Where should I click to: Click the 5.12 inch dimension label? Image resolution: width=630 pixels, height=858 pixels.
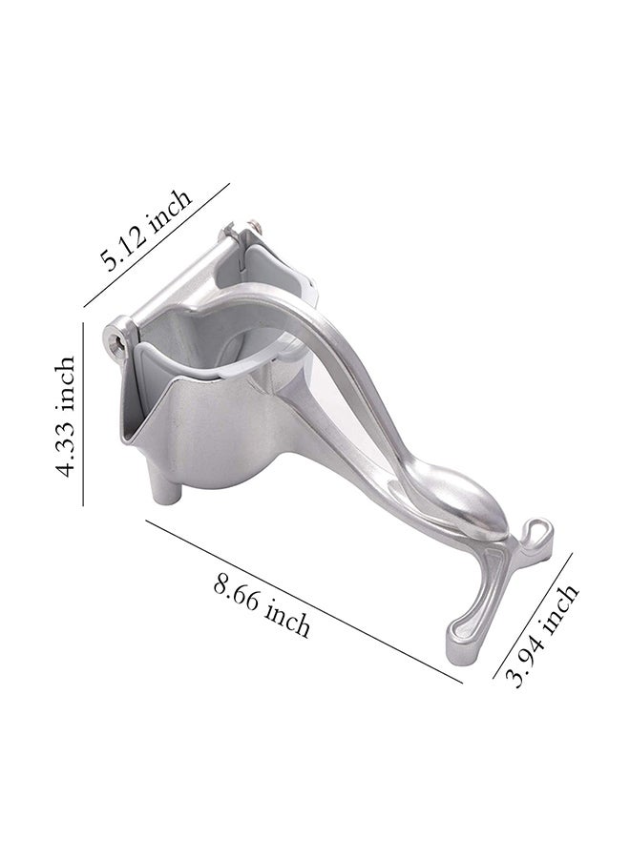coord(146,230)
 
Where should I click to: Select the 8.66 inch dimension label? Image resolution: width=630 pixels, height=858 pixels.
coord(262,606)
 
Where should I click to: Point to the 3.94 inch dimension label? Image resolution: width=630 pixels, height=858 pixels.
coord(542,635)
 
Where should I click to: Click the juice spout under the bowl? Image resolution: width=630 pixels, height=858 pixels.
coord(166,490)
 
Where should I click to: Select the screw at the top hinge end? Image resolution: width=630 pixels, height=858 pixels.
coord(253,224)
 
